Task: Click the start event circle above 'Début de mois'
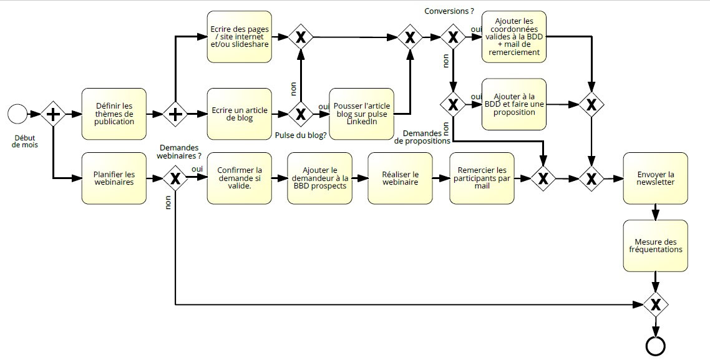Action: click(18, 114)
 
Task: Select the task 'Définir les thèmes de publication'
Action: click(114, 114)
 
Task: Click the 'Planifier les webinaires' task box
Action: click(114, 178)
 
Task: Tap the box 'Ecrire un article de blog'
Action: click(240, 114)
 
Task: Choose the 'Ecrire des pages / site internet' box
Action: click(240, 37)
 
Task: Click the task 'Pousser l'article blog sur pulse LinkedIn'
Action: click(361, 114)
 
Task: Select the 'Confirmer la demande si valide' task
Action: click(240, 178)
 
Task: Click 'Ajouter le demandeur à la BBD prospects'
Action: click(320, 178)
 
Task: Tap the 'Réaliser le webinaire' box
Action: click(401, 178)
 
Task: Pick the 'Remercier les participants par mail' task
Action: click(482, 178)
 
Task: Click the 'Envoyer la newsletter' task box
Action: click(655, 178)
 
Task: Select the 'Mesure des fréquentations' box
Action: click(655, 246)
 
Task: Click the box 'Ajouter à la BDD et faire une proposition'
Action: click(514, 104)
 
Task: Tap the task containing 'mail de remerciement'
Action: click(514, 37)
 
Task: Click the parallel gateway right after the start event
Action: click(53, 114)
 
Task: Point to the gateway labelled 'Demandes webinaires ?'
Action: click(175, 179)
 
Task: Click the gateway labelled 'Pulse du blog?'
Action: click(301, 114)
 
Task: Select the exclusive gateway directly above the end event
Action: click(656, 304)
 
